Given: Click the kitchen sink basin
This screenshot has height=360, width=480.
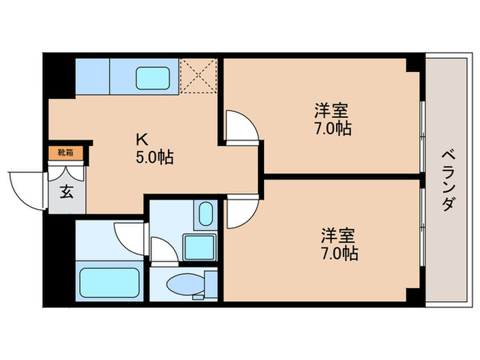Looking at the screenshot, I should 155,77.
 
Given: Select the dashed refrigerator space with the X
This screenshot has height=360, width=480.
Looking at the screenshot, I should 198,77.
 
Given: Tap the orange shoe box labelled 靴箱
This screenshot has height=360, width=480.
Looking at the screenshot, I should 65,152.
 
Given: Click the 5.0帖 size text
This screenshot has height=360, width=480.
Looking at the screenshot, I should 154,158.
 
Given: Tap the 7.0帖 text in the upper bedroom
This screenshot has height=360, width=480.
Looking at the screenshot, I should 332,128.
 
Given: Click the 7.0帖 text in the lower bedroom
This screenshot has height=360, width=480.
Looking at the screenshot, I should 339,254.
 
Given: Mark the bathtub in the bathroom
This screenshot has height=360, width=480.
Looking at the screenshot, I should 110,282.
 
